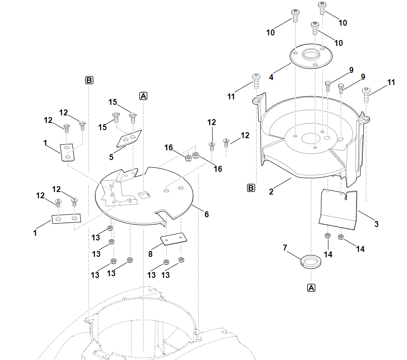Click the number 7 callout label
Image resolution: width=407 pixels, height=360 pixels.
tap(285, 248)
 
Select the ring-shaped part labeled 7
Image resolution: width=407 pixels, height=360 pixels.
tap(310, 261)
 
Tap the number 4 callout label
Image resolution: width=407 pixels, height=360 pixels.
tap(271, 77)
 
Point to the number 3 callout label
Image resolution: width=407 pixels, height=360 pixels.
tap(376, 224)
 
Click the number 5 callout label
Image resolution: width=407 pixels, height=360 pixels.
tap(111, 157)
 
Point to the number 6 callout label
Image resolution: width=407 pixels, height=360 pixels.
tap(206, 214)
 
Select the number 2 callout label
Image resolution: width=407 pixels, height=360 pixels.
tap(271, 192)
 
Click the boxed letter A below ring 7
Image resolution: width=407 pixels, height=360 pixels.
tap(311, 288)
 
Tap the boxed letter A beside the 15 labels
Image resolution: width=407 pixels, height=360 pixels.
tap(143, 96)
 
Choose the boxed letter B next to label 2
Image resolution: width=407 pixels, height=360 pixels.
tap(251, 188)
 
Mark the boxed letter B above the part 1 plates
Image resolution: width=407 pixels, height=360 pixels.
tap(89, 80)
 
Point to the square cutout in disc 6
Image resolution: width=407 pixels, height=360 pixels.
tap(144, 194)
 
